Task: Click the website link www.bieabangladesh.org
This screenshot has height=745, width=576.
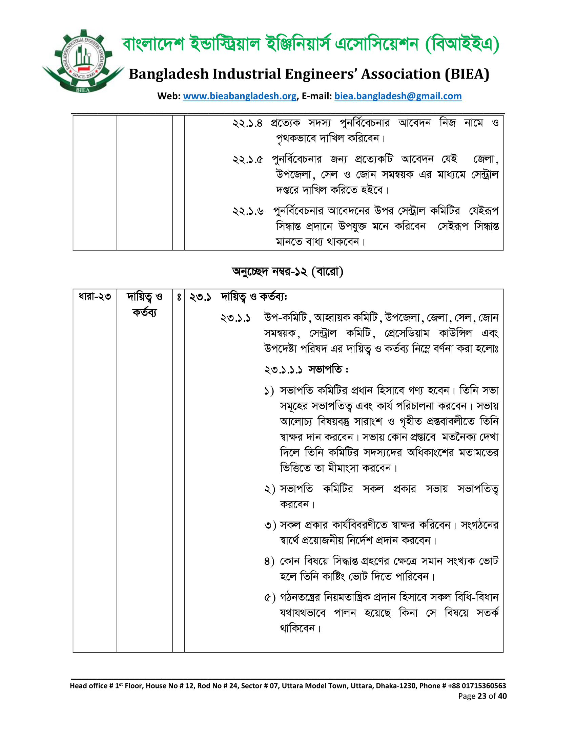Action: point(240,96)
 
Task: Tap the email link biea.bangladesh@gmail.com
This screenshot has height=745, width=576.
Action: point(398,96)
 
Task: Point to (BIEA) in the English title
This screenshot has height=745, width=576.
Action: point(467,74)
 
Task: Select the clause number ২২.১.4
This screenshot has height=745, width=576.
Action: point(247,123)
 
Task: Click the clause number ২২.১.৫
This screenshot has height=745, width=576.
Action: point(248,159)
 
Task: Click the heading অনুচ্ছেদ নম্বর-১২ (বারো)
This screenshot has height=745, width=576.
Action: point(287,272)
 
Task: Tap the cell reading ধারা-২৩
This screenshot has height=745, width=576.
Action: point(95,296)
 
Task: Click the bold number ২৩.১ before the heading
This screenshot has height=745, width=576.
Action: point(200,297)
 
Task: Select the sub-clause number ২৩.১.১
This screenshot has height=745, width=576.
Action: point(235,318)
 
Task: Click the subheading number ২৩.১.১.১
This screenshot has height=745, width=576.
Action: point(283,370)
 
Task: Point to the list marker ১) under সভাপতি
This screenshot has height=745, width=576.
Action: point(269,391)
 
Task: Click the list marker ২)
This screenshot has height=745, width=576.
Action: point(270,490)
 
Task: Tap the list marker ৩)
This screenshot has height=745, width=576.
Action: point(270,525)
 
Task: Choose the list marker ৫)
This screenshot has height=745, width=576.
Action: point(270,598)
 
